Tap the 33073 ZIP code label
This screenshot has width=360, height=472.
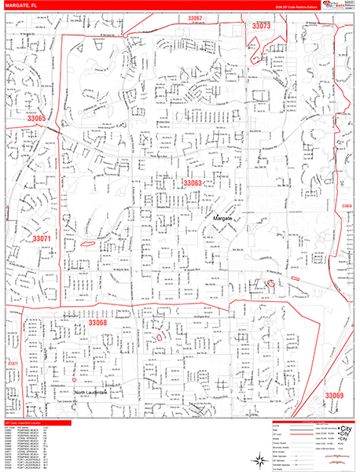coord(261,26)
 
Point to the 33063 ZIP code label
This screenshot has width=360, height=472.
coord(193,183)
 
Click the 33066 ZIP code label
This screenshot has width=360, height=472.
coord(347,206)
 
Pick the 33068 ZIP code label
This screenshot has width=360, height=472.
coord(97,323)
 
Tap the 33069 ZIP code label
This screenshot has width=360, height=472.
coord(335,395)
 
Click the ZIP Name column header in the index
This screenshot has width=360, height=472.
coord(28,427)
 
